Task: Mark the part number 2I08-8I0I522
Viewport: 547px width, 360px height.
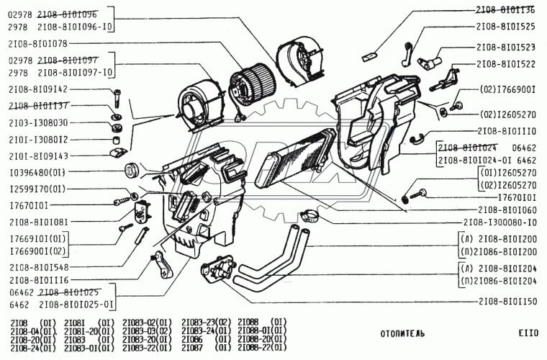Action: click(x=505, y=64)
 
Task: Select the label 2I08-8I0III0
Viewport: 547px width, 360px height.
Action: click(x=505, y=132)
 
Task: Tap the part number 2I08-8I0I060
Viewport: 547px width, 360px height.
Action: click(x=505, y=209)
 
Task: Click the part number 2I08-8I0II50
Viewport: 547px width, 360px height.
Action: click(x=505, y=302)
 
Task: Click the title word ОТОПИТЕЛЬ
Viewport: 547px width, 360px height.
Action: click(x=402, y=334)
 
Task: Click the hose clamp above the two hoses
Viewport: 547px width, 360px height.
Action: click(x=310, y=214)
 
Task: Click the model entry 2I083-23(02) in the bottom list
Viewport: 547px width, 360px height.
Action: click(x=206, y=323)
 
